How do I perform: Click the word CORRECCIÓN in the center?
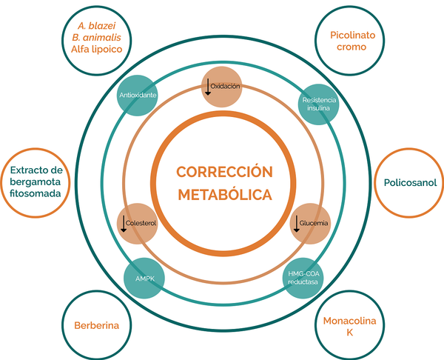pos(224,172)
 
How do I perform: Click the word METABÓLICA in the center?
pos(225,195)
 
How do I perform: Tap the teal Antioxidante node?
pos(138,96)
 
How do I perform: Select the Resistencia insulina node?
pos(318,104)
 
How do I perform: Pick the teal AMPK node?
pos(144,278)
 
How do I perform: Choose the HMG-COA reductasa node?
pos(303,278)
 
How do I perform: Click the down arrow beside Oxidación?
pos(208,87)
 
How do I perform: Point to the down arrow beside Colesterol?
pos(124,224)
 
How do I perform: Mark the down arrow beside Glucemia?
pos(297,224)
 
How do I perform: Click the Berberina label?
pos(96,325)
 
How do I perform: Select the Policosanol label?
pos(410,183)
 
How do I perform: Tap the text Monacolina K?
pos(350,326)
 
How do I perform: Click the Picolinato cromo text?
pos(352,41)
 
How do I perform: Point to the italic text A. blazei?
pos(96,26)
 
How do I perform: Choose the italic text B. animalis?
pos(96,38)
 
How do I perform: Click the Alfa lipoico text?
pos(96,50)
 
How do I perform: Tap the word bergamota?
pos(35,182)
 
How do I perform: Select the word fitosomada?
pos(35,193)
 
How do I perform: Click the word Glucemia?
pos(314,223)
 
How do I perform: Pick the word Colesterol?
pos(141,223)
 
